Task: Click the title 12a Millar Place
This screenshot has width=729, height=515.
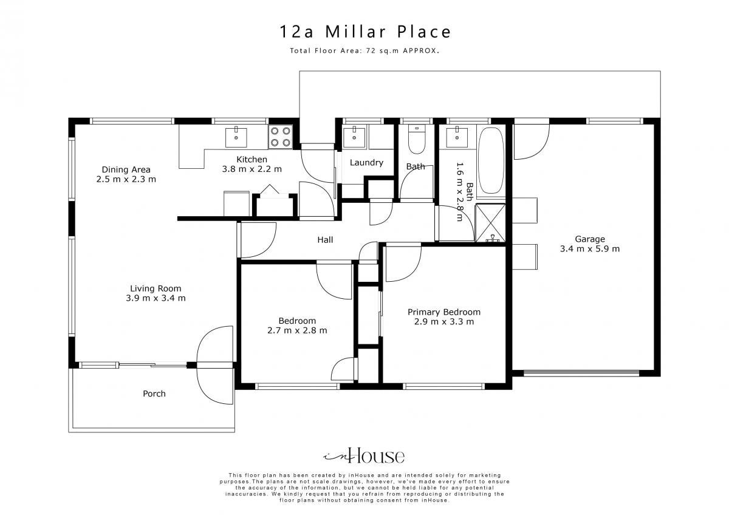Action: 365,32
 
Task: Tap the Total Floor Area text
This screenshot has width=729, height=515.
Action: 364,51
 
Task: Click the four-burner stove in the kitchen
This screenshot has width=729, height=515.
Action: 280,137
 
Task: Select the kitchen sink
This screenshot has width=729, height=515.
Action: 236,137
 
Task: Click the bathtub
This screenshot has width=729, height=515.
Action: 491,160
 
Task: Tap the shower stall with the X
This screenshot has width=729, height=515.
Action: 490,223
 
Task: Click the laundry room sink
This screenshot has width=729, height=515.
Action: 354,138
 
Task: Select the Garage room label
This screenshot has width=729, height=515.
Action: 590,239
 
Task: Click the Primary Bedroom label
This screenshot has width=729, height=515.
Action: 444,312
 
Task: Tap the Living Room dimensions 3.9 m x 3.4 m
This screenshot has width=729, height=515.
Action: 156,298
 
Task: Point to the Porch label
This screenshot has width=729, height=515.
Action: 154,394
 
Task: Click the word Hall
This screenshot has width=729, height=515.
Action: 325,240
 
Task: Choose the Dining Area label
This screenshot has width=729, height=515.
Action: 126,169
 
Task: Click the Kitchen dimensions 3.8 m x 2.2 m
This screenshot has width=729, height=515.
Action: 252,169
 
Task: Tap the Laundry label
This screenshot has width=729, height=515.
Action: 366,163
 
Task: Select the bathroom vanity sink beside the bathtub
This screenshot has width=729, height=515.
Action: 457,138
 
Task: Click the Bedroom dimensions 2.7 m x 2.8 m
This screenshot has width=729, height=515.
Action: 297,330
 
